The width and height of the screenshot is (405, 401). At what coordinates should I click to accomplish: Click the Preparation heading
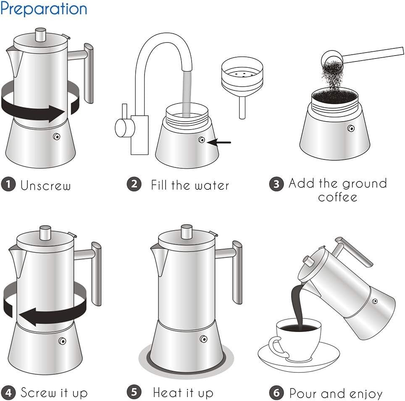tap(44, 9)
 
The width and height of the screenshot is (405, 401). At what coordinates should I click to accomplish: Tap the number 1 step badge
tap(8, 185)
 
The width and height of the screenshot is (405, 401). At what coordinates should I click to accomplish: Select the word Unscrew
tap(45, 186)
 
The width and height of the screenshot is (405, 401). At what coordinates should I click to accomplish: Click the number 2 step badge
tap(134, 184)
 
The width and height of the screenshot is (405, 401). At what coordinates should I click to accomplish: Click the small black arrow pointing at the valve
tap(222, 142)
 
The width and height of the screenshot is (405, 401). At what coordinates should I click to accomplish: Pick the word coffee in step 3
tap(338, 197)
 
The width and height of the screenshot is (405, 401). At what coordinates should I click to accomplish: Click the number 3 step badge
tap(276, 184)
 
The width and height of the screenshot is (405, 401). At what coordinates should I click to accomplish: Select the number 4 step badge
tap(8, 392)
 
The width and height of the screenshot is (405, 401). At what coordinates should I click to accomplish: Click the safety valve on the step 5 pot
tap(204, 338)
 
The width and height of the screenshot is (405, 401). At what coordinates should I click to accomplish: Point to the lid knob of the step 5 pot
tap(187, 231)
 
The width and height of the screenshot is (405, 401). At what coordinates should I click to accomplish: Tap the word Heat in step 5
tap(167, 393)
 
